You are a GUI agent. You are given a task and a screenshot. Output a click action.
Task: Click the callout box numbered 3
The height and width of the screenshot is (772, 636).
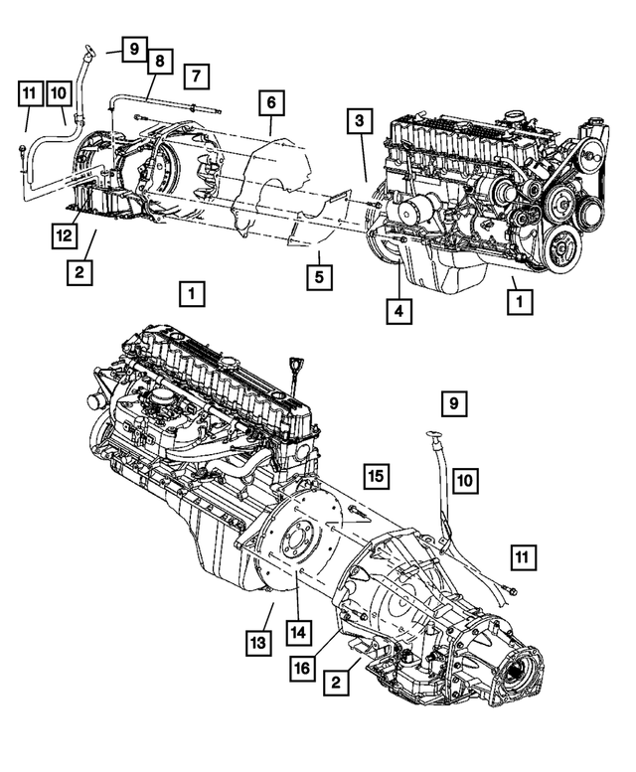point(360,122)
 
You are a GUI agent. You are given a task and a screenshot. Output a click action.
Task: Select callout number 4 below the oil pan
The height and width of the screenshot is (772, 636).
point(397,310)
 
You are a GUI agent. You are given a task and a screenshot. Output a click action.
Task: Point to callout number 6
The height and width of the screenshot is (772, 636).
point(269,101)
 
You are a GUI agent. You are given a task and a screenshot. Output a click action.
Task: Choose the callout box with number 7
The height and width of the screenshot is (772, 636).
point(196,75)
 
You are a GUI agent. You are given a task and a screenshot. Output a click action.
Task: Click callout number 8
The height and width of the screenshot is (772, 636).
point(157,62)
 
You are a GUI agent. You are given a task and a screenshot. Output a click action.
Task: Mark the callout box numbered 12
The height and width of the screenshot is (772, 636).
point(65,235)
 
